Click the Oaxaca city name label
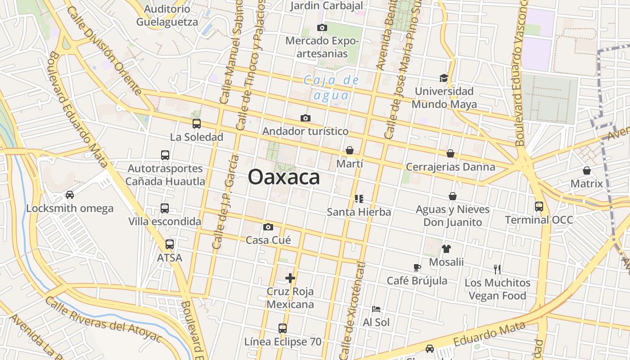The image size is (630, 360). (x=284, y=177)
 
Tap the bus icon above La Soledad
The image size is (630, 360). (x=197, y=124)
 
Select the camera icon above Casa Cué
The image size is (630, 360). (x=268, y=227)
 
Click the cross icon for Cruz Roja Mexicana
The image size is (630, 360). (x=290, y=278)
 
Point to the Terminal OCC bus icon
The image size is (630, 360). (x=539, y=207)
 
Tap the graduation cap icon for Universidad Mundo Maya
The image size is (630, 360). (x=444, y=78)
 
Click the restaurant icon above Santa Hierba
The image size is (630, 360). (x=359, y=198)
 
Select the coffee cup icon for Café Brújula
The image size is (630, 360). (x=417, y=267)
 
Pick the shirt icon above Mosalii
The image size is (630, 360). (x=446, y=248)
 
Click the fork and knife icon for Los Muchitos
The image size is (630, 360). (x=497, y=270)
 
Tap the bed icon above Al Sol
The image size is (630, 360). (x=376, y=309)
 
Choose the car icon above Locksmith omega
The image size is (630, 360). (x=70, y=195)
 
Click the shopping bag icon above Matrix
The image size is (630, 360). (x=586, y=171)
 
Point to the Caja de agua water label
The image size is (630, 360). (x=331, y=88)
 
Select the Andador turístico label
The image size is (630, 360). (x=305, y=131)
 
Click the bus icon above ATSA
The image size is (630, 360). (x=169, y=244)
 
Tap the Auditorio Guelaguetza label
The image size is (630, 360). (x=167, y=15)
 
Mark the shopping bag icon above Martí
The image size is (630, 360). (x=350, y=150)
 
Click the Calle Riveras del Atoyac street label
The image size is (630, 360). (x=103, y=319)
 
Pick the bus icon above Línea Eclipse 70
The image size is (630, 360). (x=283, y=328)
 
